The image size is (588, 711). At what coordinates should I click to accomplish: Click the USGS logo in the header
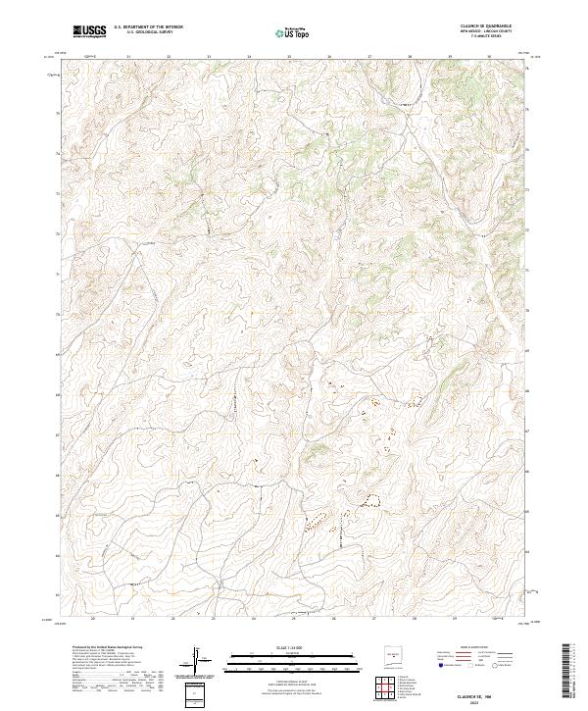[x=89, y=31]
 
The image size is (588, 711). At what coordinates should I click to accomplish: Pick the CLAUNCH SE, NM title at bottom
[x=477, y=693]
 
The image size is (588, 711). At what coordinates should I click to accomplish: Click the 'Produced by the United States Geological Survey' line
[x=96, y=648]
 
